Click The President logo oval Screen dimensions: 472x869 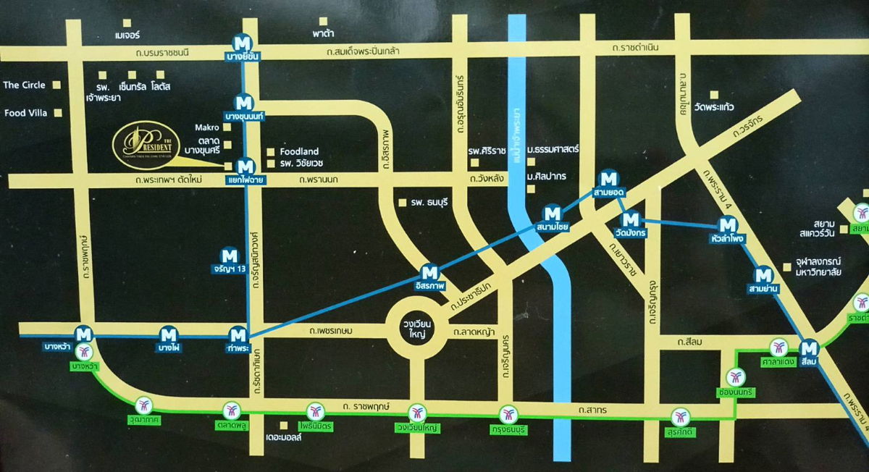pyautogui.click(x=154, y=144)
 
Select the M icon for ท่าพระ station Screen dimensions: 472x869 pyautogui.click(x=238, y=334)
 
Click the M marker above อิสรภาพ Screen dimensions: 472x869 pyautogui.click(x=430, y=273)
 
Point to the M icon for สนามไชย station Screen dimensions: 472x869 pyautogui.click(x=553, y=214)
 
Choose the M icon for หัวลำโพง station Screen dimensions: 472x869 pyautogui.click(x=727, y=224)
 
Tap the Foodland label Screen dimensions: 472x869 pyautogui.click(x=298, y=151)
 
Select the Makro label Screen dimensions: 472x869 pyautogui.click(x=207, y=127)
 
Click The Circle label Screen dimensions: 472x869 pyautogui.click(x=24, y=85)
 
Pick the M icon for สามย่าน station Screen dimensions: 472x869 pyautogui.click(x=763, y=275)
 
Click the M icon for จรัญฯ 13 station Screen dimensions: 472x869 pyautogui.click(x=230, y=255)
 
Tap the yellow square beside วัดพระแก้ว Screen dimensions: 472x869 pyautogui.click(x=714, y=94)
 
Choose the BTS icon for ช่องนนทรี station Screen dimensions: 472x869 pyautogui.click(x=735, y=376)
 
